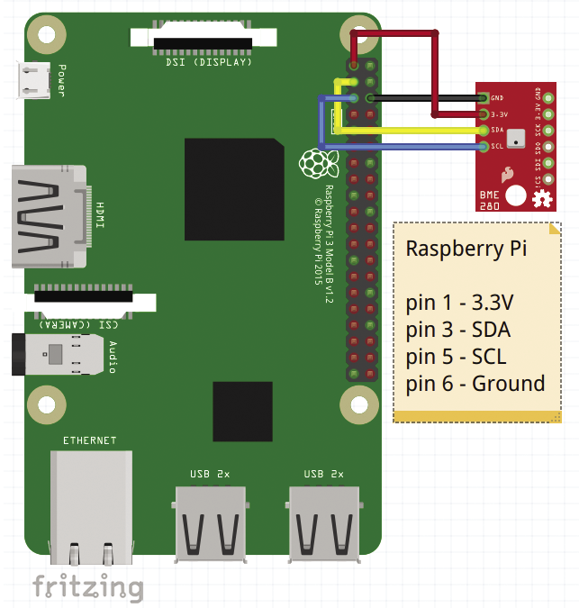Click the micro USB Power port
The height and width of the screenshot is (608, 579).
tap(35, 79)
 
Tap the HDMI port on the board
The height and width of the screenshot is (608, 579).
tap(50, 216)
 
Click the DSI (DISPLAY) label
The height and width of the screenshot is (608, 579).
tap(209, 63)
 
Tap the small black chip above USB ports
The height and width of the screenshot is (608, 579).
tap(242, 411)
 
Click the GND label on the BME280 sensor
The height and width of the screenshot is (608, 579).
tap(497, 97)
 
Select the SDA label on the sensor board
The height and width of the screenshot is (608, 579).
tap(497, 131)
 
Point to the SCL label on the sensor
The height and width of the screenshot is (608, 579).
tap(497, 147)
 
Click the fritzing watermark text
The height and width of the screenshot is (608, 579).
tap(87, 587)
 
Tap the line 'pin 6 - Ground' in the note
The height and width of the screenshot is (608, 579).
tap(475, 384)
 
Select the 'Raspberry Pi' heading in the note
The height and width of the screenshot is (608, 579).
tap(466, 249)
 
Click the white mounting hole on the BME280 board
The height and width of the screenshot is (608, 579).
tap(516, 195)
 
